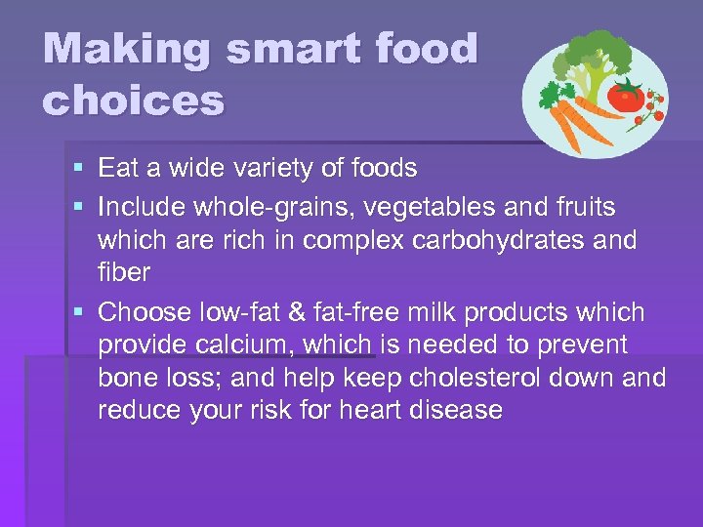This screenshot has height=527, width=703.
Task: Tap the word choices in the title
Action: pos(134,100)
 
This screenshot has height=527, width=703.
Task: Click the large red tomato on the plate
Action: pos(626,95)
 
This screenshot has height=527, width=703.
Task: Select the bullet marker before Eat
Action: pos(78,169)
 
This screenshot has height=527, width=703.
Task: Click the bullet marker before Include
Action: pos(78,207)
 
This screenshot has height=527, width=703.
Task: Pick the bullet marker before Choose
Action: pos(78,312)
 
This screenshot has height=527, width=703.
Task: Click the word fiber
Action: pos(124,273)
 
